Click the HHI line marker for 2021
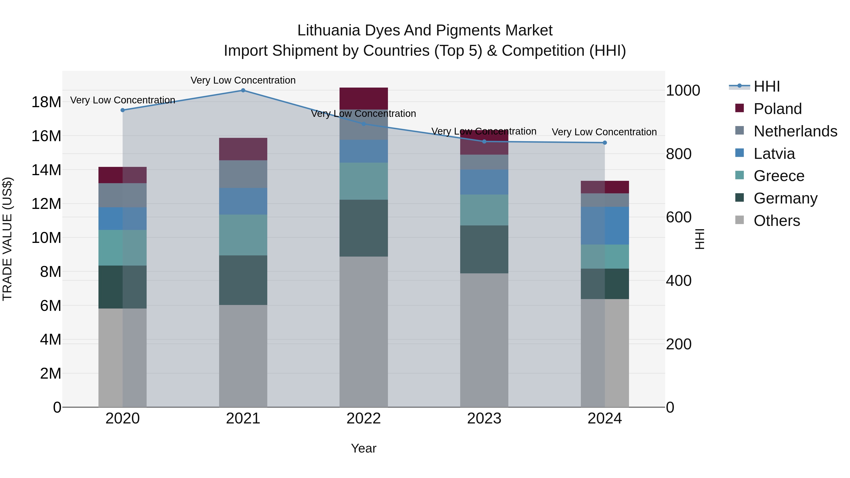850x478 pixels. pyautogui.click(x=243, y=90)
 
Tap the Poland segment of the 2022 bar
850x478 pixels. pyautogui.click(x=364, y=98)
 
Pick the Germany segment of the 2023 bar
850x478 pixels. pyautogui.click(x=484, y=250)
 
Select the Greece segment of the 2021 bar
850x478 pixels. pyautogui.click(x=243, y=235)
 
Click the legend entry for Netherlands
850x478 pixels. pyautogui.click(x=795, y=131)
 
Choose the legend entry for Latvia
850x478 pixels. pyautogui.click(x=774, y=154)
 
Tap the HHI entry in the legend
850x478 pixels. pyautogui.click(x=766, y=86)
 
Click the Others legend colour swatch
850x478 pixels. pyautogui.click(x=739, y=220)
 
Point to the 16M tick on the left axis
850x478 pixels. pyautogui.click(x=46, y=136)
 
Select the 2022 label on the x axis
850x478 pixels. pyautogui.click(x=364, y=419)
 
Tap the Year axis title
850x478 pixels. pyautogui.click(x=364, y=448)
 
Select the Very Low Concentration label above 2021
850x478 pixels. pyautogui.click(x=243, y=80)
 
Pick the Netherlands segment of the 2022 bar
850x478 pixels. pyautogui.click(x=364, y=124)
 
